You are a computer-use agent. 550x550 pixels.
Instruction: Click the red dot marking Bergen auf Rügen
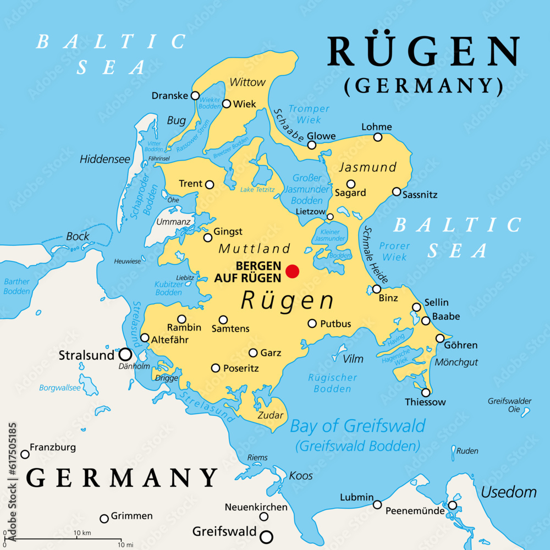pyautogui.click(x=293, y=271)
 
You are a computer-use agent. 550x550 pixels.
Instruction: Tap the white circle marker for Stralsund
pyautogui.click(x=125, y=354)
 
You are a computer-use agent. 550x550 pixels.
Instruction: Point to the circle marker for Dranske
pyautogui.click(x=195, y=96)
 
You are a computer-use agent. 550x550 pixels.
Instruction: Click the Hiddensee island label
pyautogui.click(x=105, y=159)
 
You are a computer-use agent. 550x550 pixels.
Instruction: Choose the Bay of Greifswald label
pyautogui.click(x=358, y=426)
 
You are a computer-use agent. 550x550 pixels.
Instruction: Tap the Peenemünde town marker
pyautogui.click(x=452, y=505)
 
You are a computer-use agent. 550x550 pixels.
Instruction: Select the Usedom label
pyautogui.click(x=509, y=492)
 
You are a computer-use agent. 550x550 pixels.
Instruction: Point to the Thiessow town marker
pyautogui.click(x=425, y=392)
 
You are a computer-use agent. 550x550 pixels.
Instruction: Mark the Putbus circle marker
pyautogui.click(x=312, y=323)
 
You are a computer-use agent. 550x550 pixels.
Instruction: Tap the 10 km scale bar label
pyautogui.click(x=82, y=533)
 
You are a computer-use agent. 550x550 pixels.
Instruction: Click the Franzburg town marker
pyautogui.click(x=25, y=454)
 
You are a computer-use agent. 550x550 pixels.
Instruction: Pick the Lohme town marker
pyautogui.click(x=378, y=137)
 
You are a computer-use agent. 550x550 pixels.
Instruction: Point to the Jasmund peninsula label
pyautogui.click(x=367, y=167)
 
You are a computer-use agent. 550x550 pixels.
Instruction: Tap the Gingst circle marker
pyautogui.click(x=208, y=238)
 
